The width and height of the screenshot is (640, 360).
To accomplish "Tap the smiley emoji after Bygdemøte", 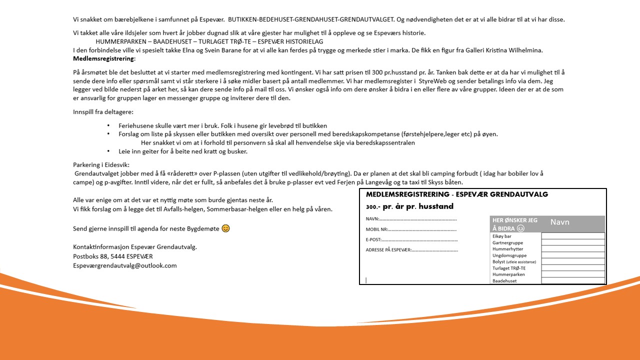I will [226, 228].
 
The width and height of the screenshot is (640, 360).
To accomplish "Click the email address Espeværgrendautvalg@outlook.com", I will [124, 265].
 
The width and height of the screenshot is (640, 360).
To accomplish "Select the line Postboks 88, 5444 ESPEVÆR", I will [113, 256].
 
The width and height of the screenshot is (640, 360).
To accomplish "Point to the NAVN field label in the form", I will [372, 219].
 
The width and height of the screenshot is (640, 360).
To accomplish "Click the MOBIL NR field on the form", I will [411, 229].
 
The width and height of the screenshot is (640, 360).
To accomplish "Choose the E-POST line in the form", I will [411, 240].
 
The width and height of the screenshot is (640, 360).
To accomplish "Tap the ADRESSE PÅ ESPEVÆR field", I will [411, 250].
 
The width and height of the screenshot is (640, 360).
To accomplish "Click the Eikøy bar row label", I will [502, 236].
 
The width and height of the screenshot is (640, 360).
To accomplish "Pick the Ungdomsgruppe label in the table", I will [509, 255].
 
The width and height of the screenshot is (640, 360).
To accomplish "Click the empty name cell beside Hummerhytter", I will [572, 249].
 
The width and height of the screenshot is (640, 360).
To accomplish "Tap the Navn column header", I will [560, 222].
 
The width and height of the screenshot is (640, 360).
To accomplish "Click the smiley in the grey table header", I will [520, 228].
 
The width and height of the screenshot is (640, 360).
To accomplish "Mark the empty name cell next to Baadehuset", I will [572, 281].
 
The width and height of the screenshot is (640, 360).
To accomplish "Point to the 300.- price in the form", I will [373, 206].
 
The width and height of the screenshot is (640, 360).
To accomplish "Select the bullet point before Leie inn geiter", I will [108, 151].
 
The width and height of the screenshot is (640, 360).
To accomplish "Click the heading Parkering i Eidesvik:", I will [101, 164].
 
